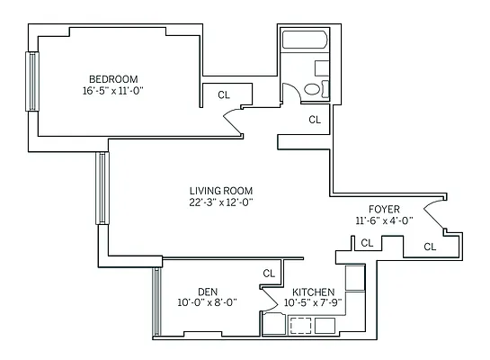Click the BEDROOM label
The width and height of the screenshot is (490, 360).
[112, 77]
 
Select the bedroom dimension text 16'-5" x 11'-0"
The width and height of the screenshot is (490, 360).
[112, 90]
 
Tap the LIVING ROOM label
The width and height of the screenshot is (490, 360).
[220, 191]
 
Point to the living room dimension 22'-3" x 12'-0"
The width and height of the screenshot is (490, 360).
[220, 203]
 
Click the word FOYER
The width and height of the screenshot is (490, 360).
[384, 209]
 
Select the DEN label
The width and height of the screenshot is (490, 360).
[208, 292]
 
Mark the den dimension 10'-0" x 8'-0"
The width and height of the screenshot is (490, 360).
[208, 303]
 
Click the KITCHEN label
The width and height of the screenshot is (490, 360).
[314, 292]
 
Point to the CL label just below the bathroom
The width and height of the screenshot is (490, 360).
[315, 119]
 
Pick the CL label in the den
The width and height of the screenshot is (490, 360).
[269, 273]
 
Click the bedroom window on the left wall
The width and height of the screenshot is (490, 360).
[32, 81]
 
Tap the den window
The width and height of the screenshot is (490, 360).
[156, 301]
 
